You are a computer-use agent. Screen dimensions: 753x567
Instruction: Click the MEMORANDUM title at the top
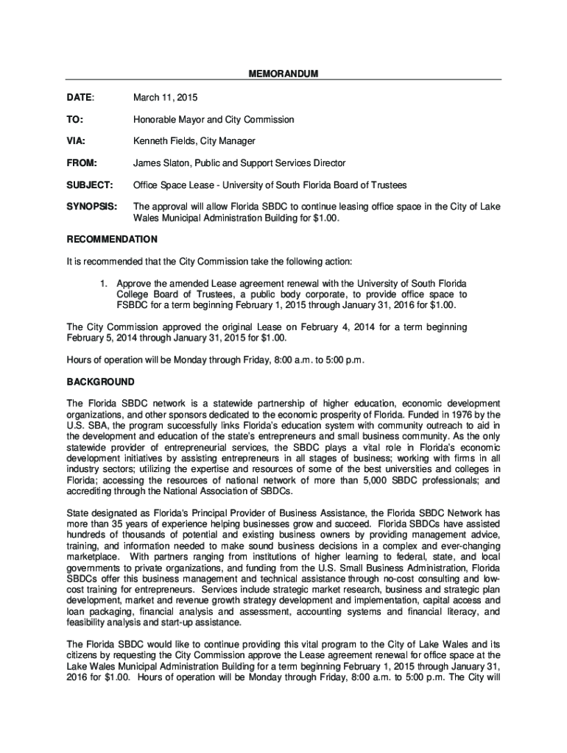283,74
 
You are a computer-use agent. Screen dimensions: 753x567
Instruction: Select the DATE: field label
80,97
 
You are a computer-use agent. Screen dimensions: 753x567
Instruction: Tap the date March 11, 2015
165,97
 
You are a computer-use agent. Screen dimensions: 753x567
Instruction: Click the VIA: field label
77,140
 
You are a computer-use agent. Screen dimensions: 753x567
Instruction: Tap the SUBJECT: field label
90,185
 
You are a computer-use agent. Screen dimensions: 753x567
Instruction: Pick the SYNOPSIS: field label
92,207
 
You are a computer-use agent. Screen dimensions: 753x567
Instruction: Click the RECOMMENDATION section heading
112,240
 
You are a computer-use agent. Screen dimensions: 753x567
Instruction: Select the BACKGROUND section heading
101,382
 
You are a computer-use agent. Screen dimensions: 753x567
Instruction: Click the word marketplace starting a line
93,557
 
